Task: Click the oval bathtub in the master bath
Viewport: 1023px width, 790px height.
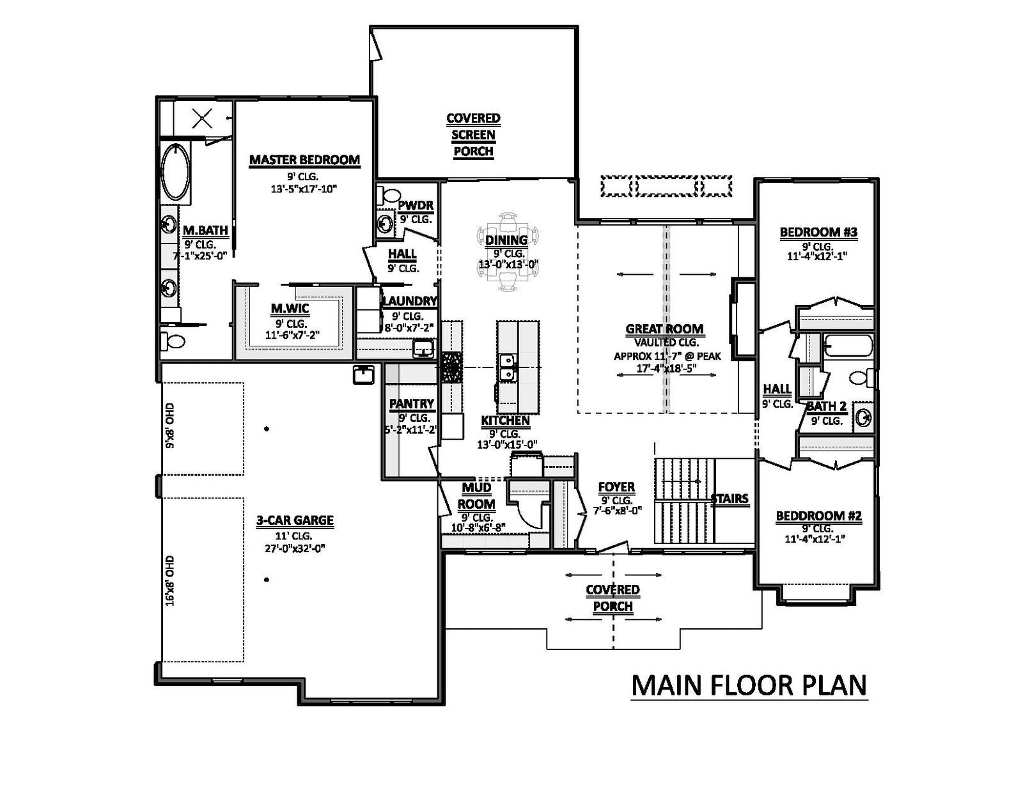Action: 176,171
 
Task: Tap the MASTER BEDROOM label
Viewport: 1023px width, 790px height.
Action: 304,160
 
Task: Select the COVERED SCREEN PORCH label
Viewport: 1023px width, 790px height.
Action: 473,135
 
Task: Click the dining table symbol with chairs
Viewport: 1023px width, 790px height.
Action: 508,252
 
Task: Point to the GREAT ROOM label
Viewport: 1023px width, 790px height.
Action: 664,329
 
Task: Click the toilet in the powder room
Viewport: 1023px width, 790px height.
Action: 389,194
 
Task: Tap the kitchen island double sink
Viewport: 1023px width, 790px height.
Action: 507,368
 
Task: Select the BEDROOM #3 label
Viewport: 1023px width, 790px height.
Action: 818,232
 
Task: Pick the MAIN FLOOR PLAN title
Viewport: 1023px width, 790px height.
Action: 749,685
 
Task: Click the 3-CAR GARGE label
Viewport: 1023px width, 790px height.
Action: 295,520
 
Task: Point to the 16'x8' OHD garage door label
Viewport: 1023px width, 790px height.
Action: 170,581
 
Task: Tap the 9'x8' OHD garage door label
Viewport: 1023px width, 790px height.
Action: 170,426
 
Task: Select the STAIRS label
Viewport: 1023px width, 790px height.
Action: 730,499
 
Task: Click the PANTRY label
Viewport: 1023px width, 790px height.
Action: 412,404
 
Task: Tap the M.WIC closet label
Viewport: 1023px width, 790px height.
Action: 290,309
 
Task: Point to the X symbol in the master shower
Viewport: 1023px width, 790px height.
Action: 203,118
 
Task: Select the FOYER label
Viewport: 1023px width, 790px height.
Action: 616,486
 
